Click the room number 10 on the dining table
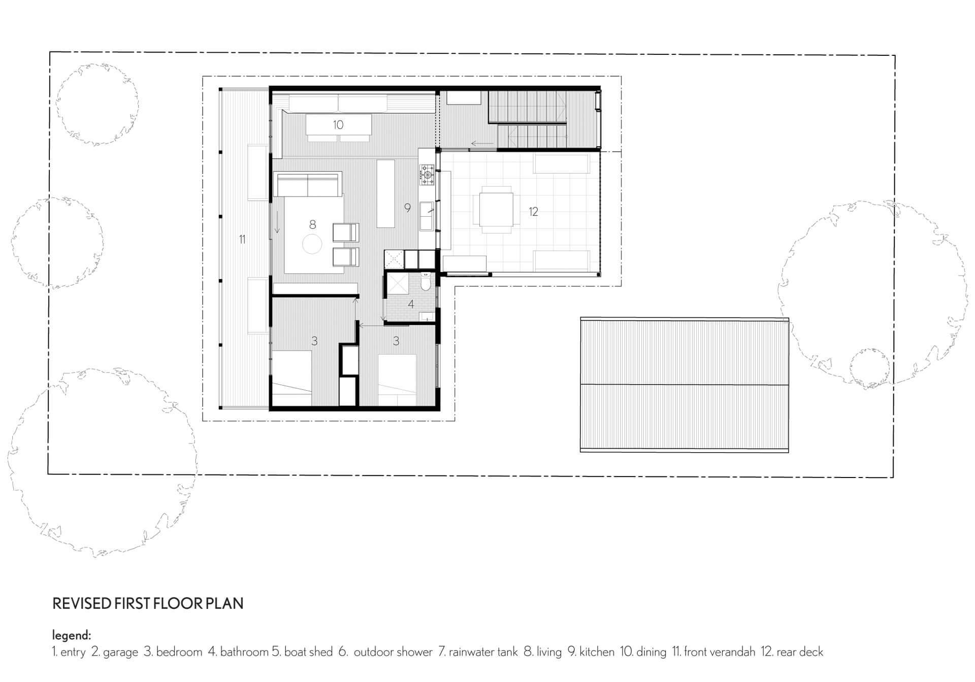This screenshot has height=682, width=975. pyautogui.click(x=338, y=125)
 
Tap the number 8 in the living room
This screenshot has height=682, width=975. pyautogui.click(x=312, y=224)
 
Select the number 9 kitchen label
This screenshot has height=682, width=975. pyautogui.click(x=407, y=208)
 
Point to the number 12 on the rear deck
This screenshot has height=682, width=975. pyautogui.click(x=533, y=212)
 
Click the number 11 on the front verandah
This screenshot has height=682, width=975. pyautogui.click(x=242, y=240)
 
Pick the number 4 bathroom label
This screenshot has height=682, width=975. pyautogui.click(x=411, y=304)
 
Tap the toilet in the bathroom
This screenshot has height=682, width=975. pyautogui.click(x=426, y=282)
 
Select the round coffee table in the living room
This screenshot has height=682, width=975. pyautogui.click(x=312, y=244)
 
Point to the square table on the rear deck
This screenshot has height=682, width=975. pyautogui.click(x=496, y=210)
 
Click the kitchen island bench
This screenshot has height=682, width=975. pyautogui.click(x=386, y=193)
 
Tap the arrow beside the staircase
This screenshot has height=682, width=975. pyautogui.click(x=482, y=144)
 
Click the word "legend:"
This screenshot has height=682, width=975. pyautogui.click(x=72, y=635)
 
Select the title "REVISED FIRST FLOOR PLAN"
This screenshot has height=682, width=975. pyautogui.click(x=148, y=603)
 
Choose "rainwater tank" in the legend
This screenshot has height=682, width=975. pyautogui.click(x=483, y=652)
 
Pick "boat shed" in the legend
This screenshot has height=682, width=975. pyautogui.click(x=308, y=652)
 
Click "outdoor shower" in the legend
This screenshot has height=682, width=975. pyautogui.click(x=393, y=652)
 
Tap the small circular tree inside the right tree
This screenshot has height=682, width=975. pyautogui.click(x=869, y=369)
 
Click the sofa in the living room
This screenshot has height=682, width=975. pyautogui.click(x=308, y=185)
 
